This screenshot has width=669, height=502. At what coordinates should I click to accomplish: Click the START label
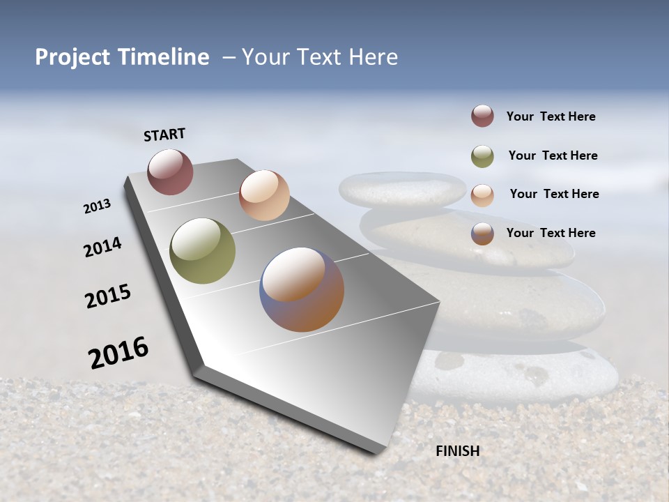164,135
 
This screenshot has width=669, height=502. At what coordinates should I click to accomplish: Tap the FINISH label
457,451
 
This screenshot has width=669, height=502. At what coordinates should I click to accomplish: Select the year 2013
98,206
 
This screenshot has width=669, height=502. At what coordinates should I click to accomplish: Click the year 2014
102,247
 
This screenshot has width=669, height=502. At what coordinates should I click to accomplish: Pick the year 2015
108,296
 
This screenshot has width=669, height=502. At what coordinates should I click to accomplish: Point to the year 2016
118,353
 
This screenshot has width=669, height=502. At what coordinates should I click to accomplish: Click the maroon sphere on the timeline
170,172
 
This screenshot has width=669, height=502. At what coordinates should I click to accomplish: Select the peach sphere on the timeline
264,195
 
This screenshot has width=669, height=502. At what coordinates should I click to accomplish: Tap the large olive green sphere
203,251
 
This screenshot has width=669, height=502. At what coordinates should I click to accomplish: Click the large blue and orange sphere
302,289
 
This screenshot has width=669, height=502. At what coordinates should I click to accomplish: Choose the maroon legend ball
482,116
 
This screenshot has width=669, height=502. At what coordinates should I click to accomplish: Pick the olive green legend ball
482,156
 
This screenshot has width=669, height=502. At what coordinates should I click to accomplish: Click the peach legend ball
482,195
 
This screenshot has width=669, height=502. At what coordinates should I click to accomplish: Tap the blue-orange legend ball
482,234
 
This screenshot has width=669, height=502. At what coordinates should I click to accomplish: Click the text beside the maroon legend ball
551,116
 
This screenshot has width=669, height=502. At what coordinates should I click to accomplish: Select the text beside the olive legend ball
553,155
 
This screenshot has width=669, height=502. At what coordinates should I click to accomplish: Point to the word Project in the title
72,57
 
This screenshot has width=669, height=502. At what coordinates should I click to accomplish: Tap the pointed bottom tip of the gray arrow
376,451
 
